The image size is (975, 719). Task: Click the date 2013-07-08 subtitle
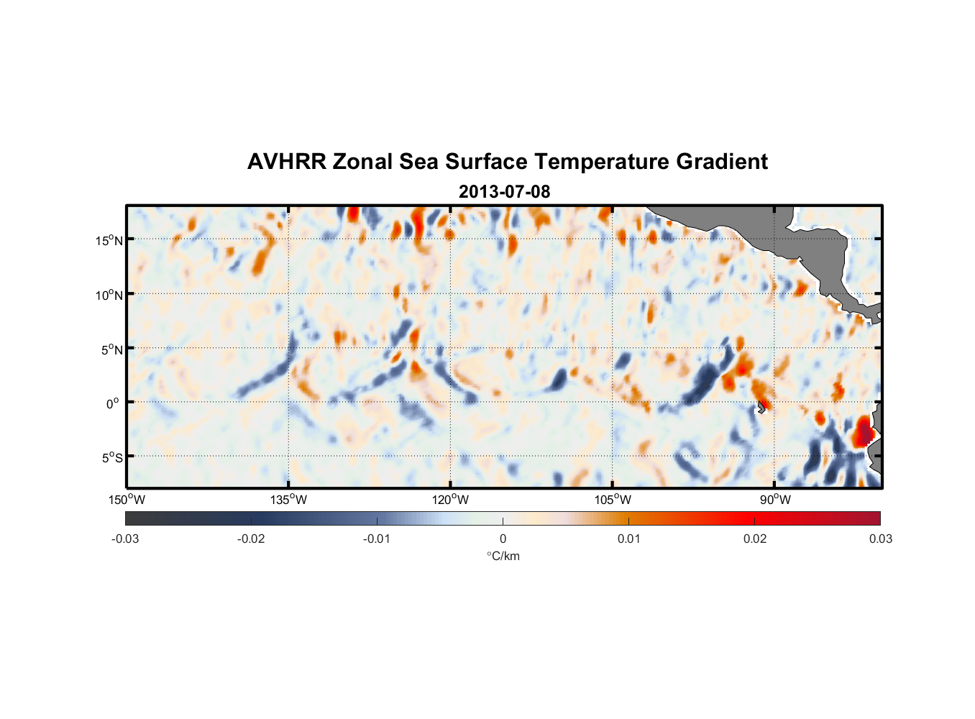pos(504,192)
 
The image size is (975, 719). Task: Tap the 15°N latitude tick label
pos(109,240)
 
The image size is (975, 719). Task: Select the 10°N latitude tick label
pos(109,295)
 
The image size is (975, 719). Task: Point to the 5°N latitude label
pos(111,349)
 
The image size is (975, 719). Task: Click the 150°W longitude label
pos(127,500)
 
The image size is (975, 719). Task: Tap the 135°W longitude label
pos(288,500)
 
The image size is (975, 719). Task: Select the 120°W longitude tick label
pos(450,500)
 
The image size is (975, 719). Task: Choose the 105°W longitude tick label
pos(613,500)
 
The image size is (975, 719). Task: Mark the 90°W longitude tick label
pos(775,500)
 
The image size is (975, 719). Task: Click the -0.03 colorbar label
pos(125,539)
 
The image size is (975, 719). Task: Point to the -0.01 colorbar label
pos(377,539)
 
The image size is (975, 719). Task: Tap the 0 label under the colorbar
pos(503,539)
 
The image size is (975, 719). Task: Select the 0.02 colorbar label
pos(755,539)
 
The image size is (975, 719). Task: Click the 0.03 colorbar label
pos(880,539)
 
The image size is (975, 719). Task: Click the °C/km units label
pos(503,556)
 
